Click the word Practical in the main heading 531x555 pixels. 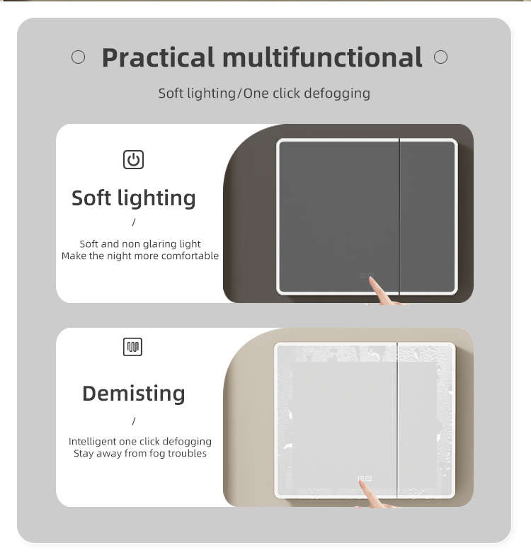(159, 57)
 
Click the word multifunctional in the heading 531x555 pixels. (323, 57)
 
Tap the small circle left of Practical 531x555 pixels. (78, 57)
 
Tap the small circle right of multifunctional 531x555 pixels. (440, 57)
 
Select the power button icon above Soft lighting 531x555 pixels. (133, 160)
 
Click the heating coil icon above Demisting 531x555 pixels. (133, 347)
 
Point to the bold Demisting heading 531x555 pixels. (134, 394)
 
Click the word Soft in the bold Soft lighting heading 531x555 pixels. (91, 198)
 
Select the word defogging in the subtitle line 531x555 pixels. (337, 93)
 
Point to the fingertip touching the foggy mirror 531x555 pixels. (361, 482)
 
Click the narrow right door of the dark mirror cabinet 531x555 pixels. (428, 217)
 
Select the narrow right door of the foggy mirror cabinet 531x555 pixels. (426, 420)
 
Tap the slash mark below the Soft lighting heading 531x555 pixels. (134, 222)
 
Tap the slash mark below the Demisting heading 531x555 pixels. (134, 420)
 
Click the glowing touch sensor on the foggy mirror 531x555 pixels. (365, 479)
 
